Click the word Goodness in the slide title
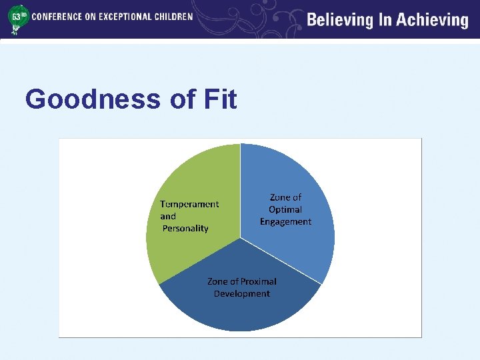[93, 100]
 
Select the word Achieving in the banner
[433, 20]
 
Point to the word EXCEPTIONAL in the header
[125, 16]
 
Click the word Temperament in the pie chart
[189, 204]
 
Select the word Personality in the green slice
[185, 228]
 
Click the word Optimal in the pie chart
[285, 209]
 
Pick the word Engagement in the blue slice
[285, 221]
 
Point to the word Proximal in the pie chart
[257, 281]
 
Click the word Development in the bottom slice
[242, 293]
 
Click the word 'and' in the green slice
[168, 216]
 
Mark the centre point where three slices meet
[240, 237]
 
